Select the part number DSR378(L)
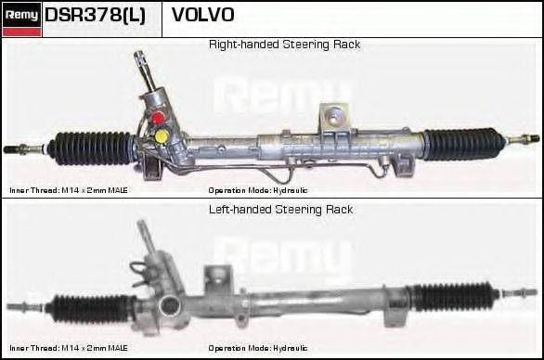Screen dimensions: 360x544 coord(95,16)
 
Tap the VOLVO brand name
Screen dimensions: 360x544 coord(203,16)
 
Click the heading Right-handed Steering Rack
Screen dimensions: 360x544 coord(284,45)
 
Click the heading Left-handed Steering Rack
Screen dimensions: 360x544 coord(280,210)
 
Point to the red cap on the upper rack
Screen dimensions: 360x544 coord(159,118)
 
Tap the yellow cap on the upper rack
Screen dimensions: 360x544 coord(162,136)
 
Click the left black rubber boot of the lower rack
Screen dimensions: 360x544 coord(94,307)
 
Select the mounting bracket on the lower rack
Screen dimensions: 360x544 coord(219,276)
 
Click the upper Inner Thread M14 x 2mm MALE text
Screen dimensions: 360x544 coord(69,189)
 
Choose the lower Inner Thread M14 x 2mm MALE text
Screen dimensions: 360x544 coord(69,348)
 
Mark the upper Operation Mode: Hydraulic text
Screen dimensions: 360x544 coord(257,189)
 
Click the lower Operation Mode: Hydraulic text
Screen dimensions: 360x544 coord(257,348)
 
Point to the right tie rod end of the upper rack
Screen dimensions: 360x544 coord(525,139)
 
